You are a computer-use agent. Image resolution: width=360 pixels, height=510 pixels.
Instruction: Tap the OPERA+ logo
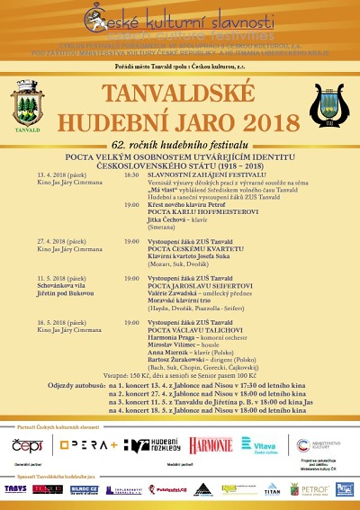(x=89, y=445)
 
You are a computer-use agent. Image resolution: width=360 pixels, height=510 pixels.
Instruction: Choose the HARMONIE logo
(x=210, y=445)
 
